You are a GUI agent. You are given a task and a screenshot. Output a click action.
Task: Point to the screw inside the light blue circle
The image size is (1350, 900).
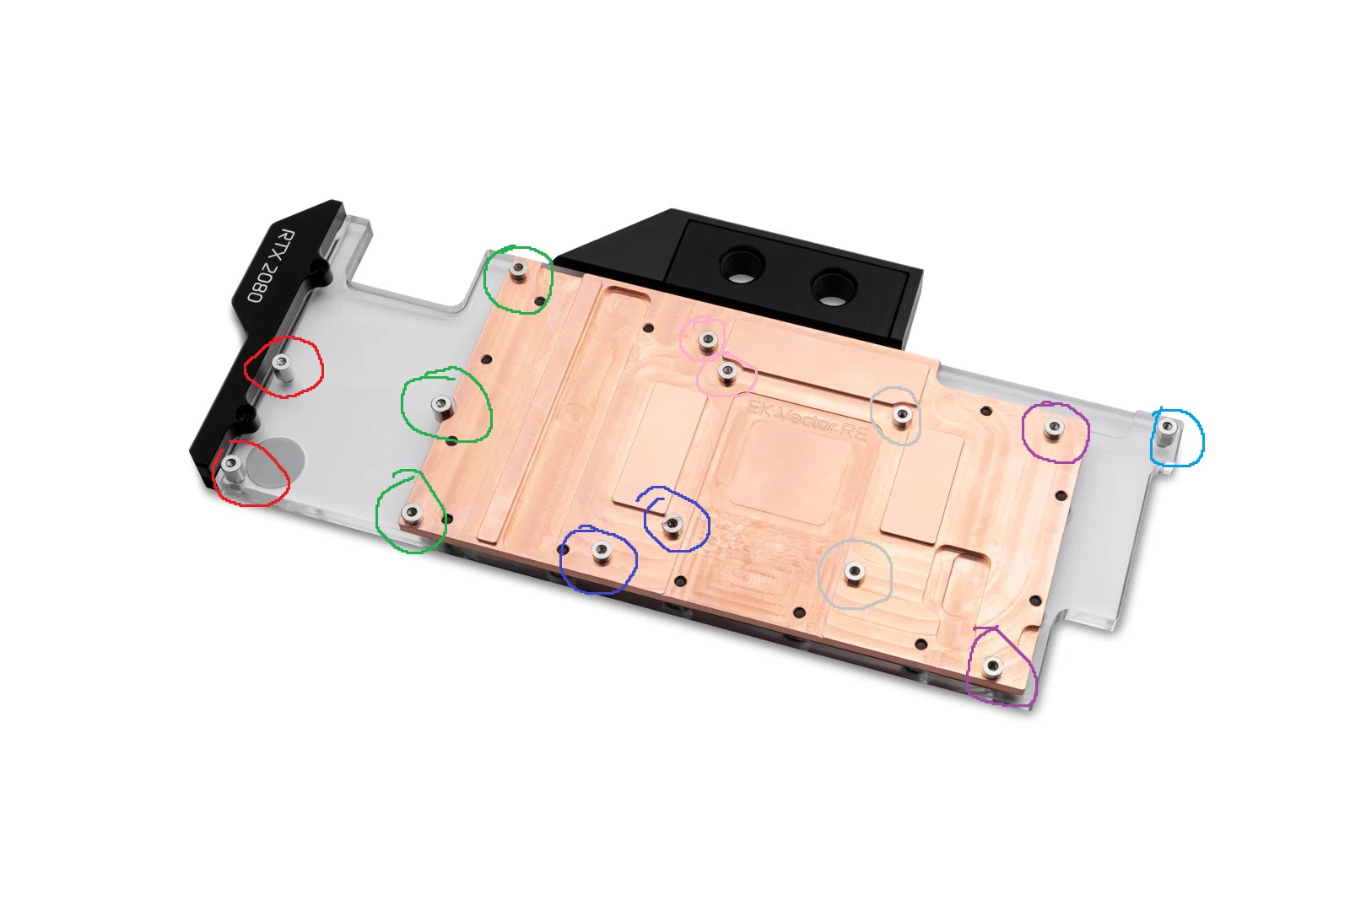[x=1167, y=427]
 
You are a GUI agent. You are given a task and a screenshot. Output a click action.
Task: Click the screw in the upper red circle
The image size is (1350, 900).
[x=283, y=363]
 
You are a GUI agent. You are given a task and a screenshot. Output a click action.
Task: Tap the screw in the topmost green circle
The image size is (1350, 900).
[x=519, y=268]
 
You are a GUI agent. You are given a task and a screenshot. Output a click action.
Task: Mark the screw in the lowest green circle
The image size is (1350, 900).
[x=413, y=513]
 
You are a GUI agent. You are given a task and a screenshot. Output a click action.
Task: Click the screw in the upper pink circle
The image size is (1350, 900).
[x=708, y=340]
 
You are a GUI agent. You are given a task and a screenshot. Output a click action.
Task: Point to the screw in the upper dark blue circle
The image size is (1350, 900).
[x=672, y=525]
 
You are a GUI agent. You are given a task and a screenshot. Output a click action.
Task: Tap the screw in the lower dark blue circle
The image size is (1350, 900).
[x=601, y=552]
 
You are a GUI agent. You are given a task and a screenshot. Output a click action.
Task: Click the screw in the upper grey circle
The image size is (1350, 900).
[x=903, y=414]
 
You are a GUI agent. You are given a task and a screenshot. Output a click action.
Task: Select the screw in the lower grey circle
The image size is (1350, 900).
[x=854, y=574]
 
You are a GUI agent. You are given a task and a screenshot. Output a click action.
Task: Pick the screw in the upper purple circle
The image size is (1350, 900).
[x=1052, y=428]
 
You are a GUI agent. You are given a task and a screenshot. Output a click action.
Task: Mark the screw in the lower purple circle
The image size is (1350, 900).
[x=992, y=668]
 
